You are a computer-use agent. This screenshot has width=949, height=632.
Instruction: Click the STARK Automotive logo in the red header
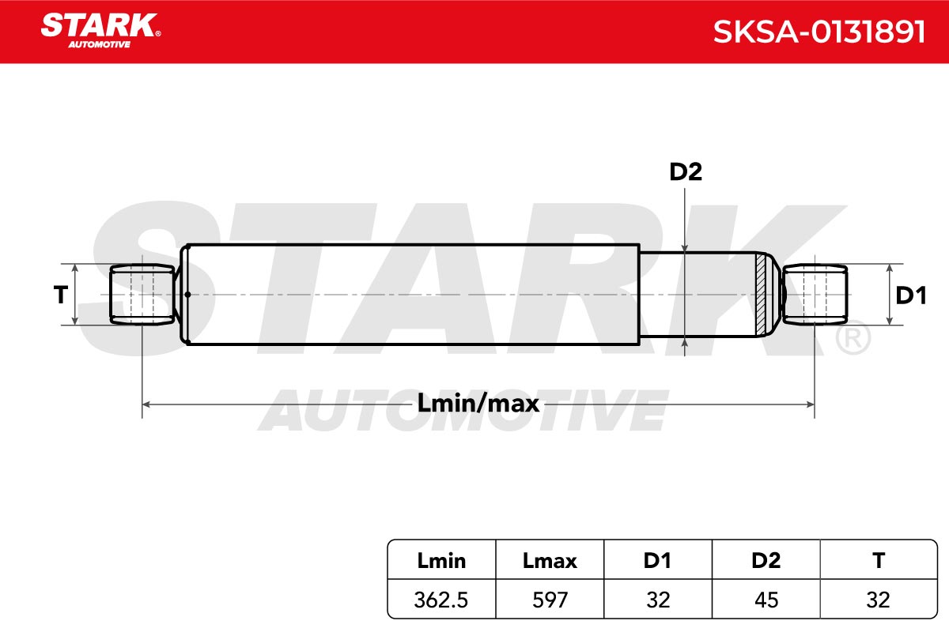100,31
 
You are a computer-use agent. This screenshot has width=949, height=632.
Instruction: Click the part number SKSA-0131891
819,32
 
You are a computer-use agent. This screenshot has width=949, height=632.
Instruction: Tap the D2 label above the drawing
686,171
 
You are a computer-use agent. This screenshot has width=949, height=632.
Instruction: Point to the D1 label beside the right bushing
911,295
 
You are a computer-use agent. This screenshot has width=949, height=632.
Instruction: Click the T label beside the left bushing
61,295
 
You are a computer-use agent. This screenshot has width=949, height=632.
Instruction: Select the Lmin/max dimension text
478,403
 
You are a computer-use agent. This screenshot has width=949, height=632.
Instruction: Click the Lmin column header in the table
441,561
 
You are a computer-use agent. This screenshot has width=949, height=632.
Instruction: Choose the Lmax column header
550,561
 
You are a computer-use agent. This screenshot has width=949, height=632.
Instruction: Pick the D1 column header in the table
657,560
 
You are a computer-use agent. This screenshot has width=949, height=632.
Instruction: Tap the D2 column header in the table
766,560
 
